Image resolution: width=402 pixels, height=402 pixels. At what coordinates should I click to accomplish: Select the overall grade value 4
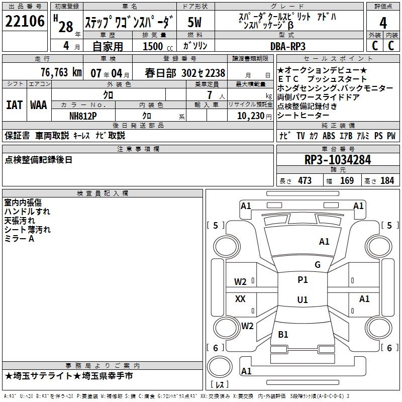[x=383, y=23]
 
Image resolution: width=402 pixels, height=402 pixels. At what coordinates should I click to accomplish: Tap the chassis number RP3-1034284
[x=337, y=160]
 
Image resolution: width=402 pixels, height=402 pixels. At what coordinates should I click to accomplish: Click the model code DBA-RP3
[x=287, y=46]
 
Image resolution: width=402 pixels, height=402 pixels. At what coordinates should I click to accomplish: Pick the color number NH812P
[x=83, y=115]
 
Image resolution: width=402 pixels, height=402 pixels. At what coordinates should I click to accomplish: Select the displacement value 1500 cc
[x=156, y=46]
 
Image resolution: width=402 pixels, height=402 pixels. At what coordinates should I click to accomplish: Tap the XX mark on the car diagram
[x=241, y=299]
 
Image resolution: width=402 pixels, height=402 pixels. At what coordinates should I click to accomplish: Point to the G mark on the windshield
[x=317, y=265]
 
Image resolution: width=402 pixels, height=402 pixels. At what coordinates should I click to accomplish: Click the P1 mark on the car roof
[x=303, y=280]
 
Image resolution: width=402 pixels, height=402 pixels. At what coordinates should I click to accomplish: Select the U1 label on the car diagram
[x=302, y=300]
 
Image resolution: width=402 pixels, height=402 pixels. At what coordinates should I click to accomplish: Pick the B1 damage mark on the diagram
[x=283, y=335]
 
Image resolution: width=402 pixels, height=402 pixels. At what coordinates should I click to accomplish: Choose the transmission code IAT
[x=14, y=105]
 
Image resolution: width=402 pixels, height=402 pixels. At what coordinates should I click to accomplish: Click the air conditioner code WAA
[x=38, y=105]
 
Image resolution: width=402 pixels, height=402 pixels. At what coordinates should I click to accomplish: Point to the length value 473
[x=305, y=181]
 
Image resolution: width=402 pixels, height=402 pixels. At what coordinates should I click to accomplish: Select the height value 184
[x=387, y=181]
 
